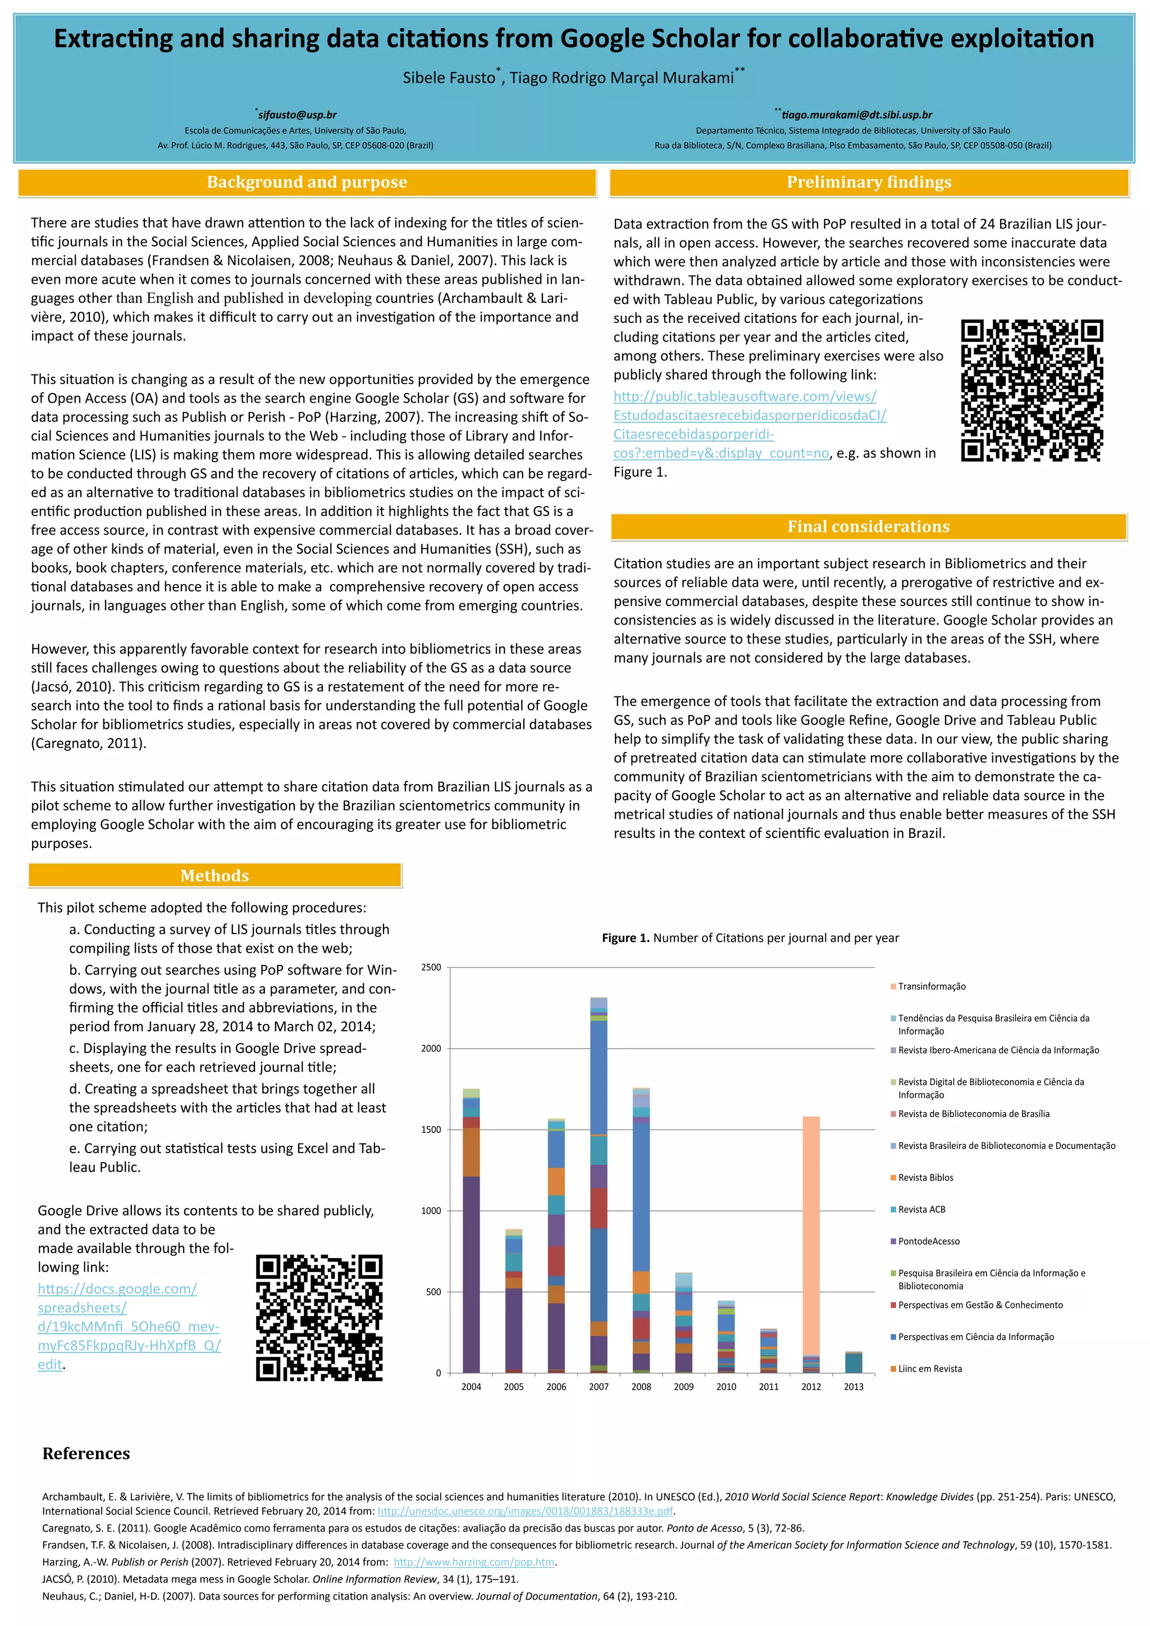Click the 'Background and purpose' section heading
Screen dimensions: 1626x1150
[x=307, y=183]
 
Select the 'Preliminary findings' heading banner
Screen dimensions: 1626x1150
[x=869, y=183]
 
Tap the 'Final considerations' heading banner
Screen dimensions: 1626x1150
[x=868, y=527]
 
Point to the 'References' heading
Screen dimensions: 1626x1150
[x=86, y=1454]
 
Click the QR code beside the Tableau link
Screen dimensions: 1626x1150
[x=1032, y=390]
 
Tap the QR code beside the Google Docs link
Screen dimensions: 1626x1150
[x=320, y=1317]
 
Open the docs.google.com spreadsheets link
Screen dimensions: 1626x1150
[x=129, y=1327]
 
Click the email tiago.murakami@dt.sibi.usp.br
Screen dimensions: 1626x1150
[x=856, y=115]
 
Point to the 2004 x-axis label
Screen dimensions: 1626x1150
[x=471, y=1387]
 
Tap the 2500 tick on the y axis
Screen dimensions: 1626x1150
[x=431, y=967]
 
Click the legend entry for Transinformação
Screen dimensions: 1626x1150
[x=931, y=986]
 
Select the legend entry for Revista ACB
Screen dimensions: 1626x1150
[x=921, y=1210]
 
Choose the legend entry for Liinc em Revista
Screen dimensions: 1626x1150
[x=929, y=1369]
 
